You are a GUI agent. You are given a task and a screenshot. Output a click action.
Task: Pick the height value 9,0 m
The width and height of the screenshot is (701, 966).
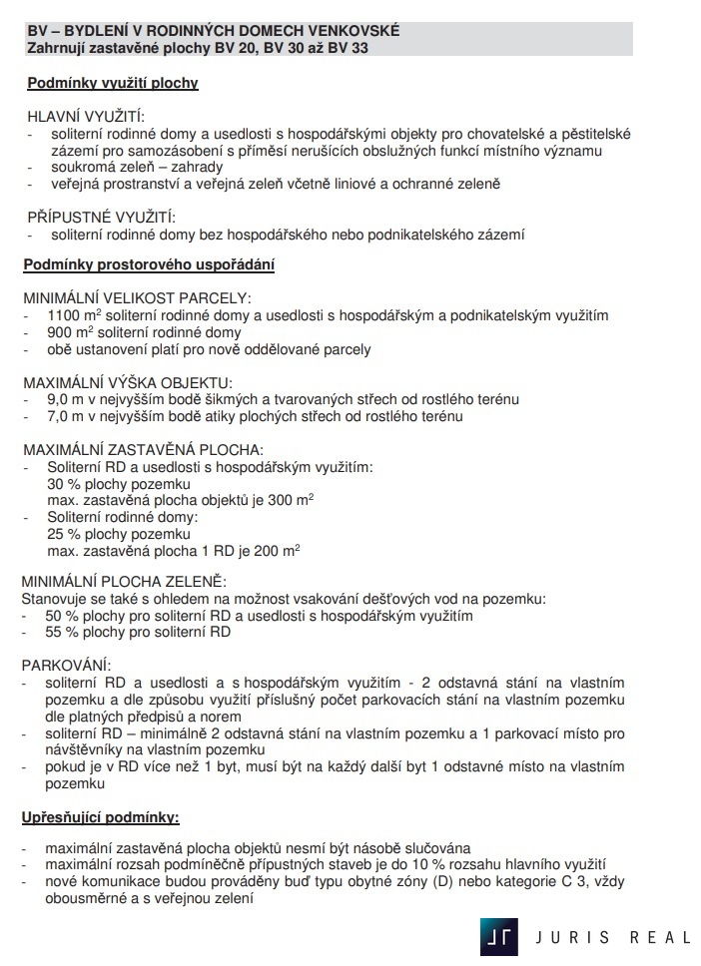click(x=65, y=399)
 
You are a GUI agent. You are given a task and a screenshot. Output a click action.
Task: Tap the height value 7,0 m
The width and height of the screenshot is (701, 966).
click(x=65, y=416)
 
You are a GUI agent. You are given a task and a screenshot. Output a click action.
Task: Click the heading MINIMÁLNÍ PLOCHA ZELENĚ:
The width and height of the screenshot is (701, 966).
click(x=124, y=582)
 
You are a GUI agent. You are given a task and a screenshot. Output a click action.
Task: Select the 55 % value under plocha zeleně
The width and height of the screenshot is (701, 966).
click(x=62, y=632)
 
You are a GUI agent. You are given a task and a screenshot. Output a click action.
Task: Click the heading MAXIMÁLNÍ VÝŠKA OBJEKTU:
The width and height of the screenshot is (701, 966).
click(x=127, y=382)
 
